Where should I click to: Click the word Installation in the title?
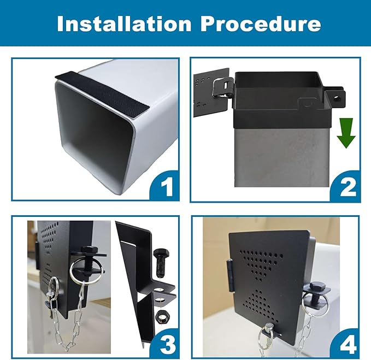[x=124, y=23]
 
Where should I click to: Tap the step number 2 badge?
[x=345, y=186]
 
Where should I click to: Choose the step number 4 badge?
[x=345, y=344]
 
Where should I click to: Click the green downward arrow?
[x=346, y=133]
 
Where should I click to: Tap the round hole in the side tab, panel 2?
[x=337, y=98]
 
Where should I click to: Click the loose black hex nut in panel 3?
[x=161, y=316]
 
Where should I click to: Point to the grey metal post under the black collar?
[x=281, y=156]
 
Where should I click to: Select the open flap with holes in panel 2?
[x=211, y=93]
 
